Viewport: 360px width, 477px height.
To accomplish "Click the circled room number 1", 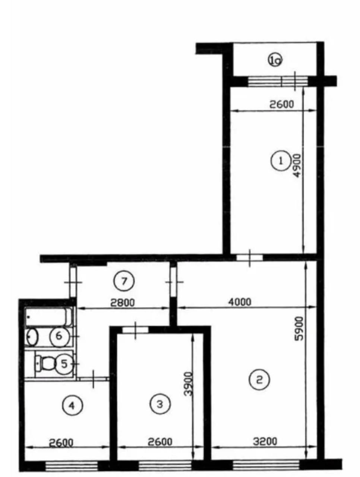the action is tap(281, 161).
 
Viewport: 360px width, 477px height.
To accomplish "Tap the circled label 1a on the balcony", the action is tap(275, 61).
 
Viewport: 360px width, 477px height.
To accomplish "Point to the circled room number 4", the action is tap(73, 405).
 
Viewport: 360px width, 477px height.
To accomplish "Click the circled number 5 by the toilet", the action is tap(64, 364).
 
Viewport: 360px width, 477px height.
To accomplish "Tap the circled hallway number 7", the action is tap(124, 281).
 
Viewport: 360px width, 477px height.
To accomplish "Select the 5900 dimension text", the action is tap(299, 328).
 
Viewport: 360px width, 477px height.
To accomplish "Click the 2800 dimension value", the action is tap(123, 303).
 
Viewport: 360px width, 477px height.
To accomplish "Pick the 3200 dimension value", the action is tap(265, 441).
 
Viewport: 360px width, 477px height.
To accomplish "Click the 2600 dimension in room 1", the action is tap(282, 104).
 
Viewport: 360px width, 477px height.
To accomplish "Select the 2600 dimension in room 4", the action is tap(61, 442).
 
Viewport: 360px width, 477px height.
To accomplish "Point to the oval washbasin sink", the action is tap(32, 337).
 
